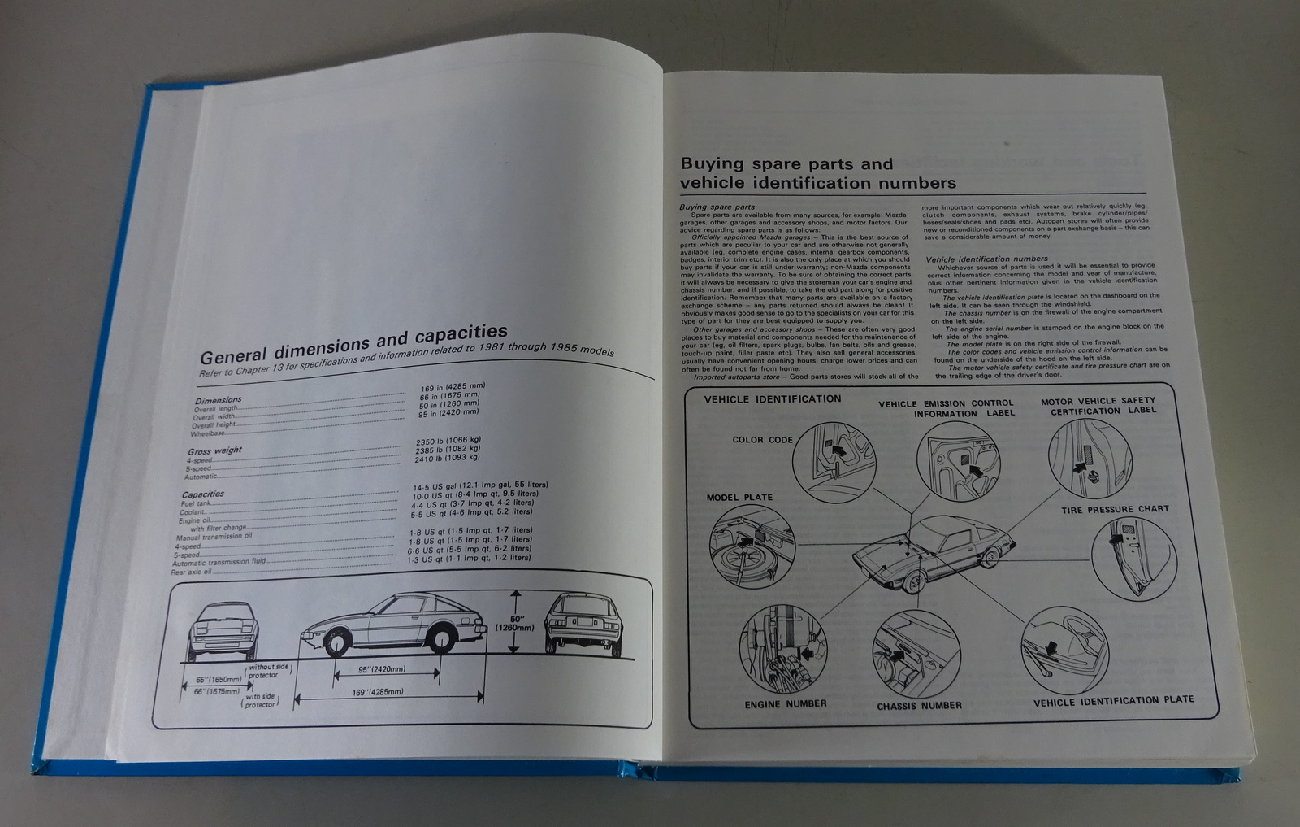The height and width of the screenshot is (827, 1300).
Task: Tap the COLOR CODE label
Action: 762,440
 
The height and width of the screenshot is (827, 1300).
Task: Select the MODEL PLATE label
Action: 739,498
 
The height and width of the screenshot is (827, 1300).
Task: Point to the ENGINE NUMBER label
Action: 785,704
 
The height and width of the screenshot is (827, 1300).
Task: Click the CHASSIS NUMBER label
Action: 919,706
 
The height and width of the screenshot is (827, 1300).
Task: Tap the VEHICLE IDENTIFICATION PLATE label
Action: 1113,700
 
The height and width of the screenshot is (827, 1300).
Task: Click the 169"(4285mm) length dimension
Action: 379,693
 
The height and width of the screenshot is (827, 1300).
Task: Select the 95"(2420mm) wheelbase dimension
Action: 382,670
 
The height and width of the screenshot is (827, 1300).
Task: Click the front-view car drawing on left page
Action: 223,630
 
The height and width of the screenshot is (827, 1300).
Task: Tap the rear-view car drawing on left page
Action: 583,624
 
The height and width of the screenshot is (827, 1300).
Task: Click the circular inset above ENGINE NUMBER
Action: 782,649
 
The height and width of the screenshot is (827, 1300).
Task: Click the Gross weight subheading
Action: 214,450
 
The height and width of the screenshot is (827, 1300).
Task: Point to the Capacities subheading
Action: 202,494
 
